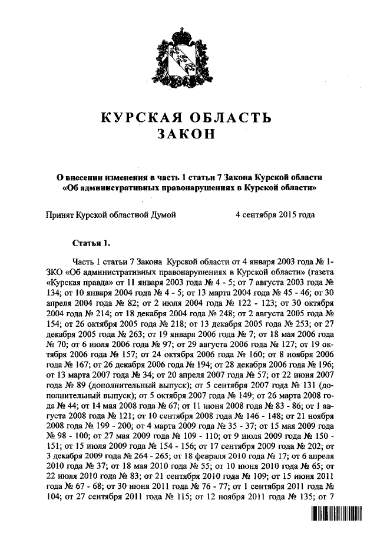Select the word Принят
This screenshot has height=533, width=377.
59,216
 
